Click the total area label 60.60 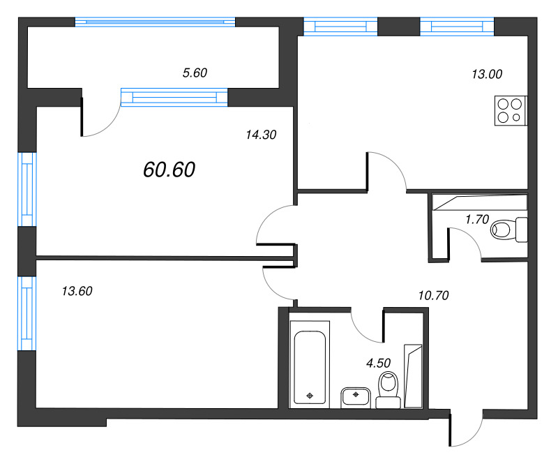(x=169, y=169)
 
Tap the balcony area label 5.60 (x=195, y=73)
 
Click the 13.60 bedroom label (x=77, y=292)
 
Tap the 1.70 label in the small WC (x=477, y=219)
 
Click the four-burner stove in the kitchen (x=509, y=110)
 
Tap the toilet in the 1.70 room (x=507, y=228)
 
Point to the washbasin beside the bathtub (x=356, y=397)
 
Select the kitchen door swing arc (x=387, y=170)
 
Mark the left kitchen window (x=340, y=27)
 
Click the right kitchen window (x=457, y=27)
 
